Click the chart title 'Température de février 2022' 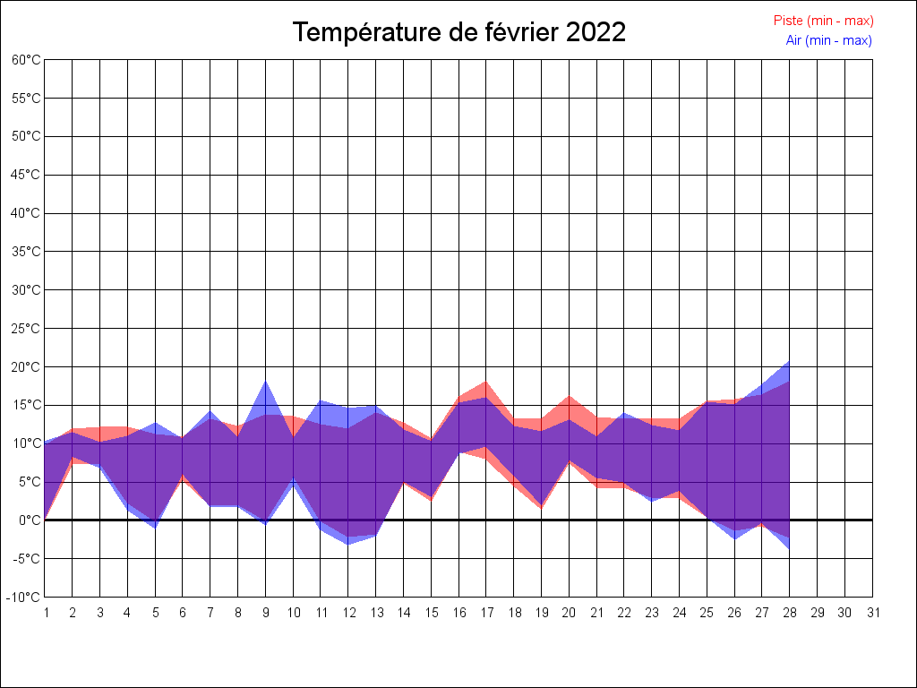(x=458, y=32)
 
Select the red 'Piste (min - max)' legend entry (x=823, y=21)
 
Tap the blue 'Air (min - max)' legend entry (x=828, y=40)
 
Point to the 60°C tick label (x=26, y=59)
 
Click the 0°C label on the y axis (x=30, y=520)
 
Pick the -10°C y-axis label (x=25, y=597)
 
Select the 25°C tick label (x=26, y=328)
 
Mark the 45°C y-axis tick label (x=26, y=175)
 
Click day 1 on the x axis (x=45, y=613)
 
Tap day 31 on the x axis (x=873, y=613)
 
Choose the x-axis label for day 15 (x=431, y=613)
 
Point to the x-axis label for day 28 (x=790, y=613)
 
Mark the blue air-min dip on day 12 (x=348, y=544)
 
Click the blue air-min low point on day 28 (x=789, y=548)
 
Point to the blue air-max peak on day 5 (x=155, y=423)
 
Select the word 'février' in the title (x=523, y=32)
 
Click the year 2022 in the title (x=596, y=32)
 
